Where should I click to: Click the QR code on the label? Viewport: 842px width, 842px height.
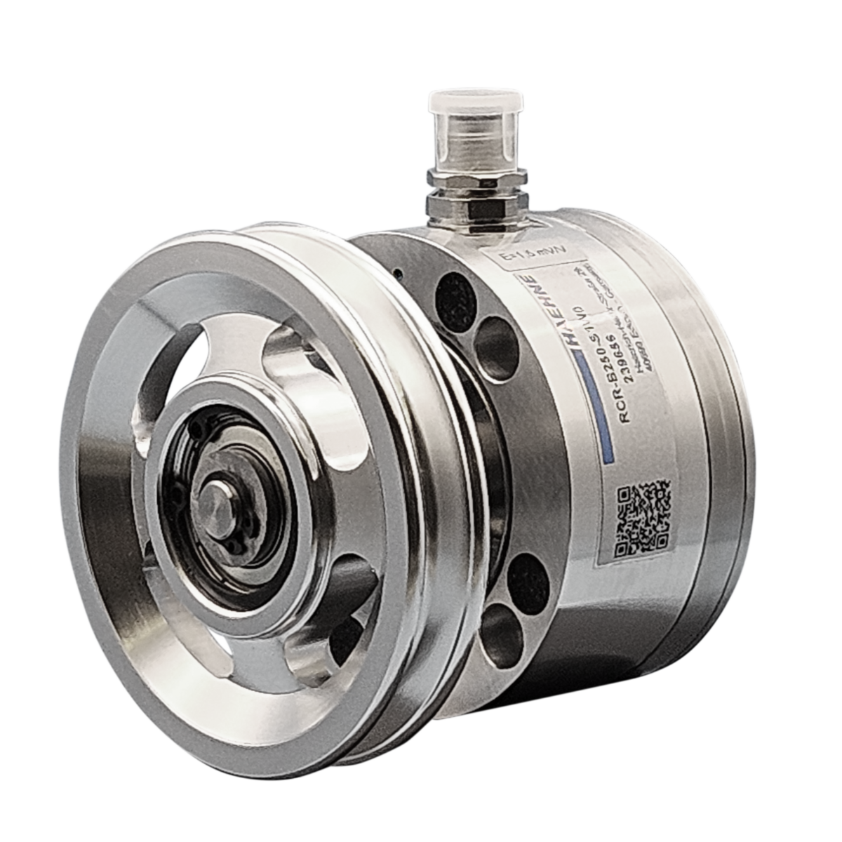(641, 518)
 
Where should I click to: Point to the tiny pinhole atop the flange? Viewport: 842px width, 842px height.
(398, 272)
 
